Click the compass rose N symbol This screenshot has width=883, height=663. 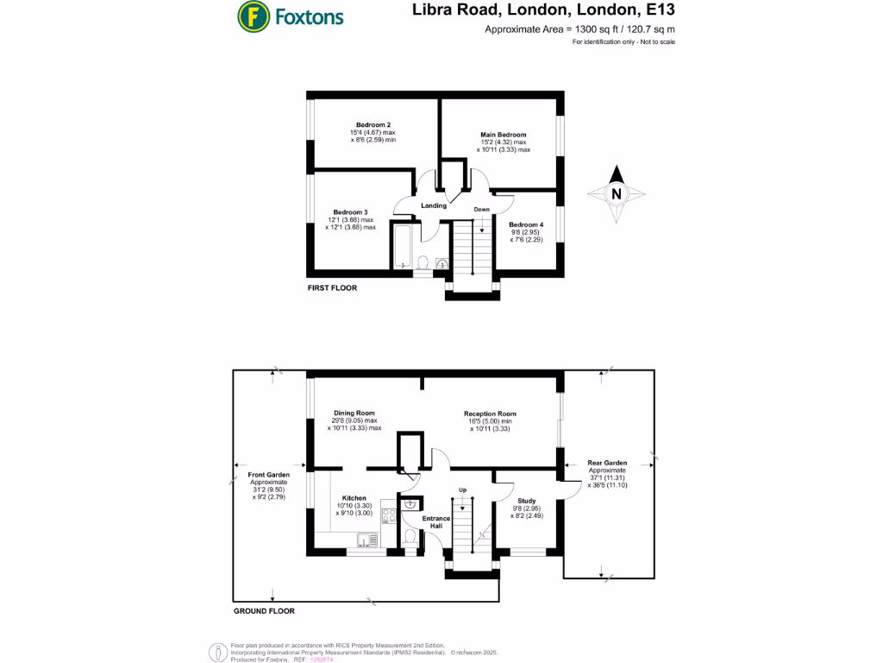click(x=617, y=194)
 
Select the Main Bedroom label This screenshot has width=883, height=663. click(x=504, y=135)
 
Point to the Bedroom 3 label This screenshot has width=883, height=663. click(x=351, y=212)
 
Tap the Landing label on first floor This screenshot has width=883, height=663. click(x=434, y=205)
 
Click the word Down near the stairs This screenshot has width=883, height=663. click(x=481, y=210)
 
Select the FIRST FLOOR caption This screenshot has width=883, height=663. click(x=332, y=288)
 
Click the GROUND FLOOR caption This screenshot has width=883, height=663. click(x=264, y=611)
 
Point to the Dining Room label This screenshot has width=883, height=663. click(x=354, y=414)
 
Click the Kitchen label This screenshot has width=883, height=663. click(x=354, y=498)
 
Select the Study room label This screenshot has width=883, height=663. click(x=527, y=501)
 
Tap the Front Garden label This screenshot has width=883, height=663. click(x=268, y=475)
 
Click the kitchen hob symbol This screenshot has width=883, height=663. click(x=388, y=515)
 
